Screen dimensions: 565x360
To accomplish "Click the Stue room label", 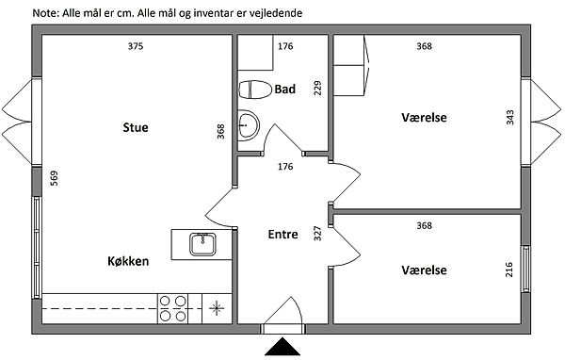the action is click(x=136, y=127).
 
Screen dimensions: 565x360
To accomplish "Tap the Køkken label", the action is click(x=128, y=261).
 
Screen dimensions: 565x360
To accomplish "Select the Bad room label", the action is click(x=284, y=90).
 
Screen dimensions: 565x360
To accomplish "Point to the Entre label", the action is click(x=282, y=235).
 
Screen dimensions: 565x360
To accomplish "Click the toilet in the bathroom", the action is click(x=255, y=90).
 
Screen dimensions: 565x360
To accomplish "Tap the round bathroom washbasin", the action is click(x=249, y=125).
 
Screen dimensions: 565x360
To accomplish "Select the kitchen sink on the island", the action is click(x=202, y=244).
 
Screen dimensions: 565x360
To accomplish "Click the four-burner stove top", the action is click(x=172, y=308).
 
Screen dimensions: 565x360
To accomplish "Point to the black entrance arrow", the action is click(x=282, y=346).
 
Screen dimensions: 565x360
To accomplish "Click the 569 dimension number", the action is click(x=54, y=178).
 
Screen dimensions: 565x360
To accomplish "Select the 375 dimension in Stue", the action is click(x=136, y=46).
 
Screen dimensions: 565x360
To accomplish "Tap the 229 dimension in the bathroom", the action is click(x=317, y=88).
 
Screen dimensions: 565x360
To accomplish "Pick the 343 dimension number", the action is click(x=509, y=117).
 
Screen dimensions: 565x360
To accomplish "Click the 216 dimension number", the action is click(x=508, y=270).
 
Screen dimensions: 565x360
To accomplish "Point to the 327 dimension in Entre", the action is click(x=317, y=234).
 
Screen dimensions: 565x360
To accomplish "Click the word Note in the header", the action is click(x=44, y=13).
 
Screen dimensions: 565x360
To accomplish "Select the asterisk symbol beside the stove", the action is click(x=217, y=308).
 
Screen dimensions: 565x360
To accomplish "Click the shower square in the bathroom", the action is click(x=255, y=53).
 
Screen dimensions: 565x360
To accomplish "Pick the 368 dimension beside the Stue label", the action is click(x=220, y=131).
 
